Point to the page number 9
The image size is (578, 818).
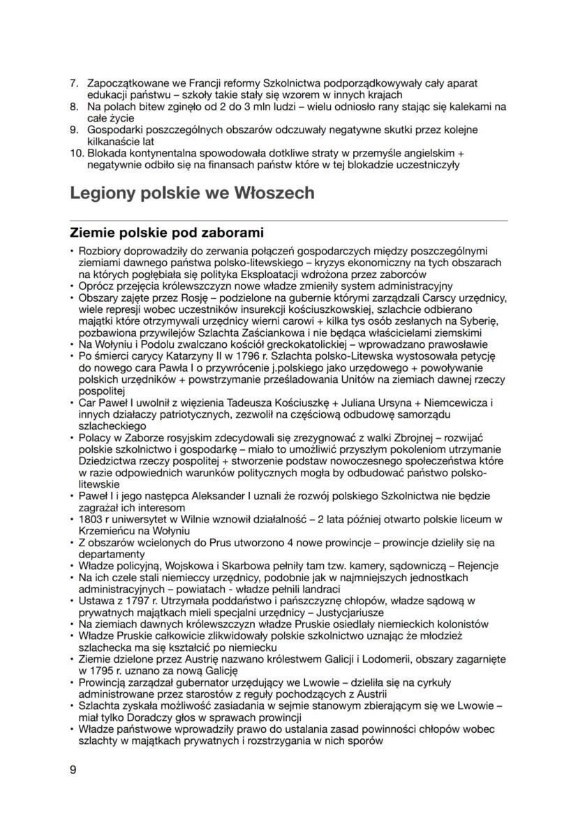point(73,770)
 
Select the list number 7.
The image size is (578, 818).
point(75,83)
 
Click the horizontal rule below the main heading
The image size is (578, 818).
point(288,221)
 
